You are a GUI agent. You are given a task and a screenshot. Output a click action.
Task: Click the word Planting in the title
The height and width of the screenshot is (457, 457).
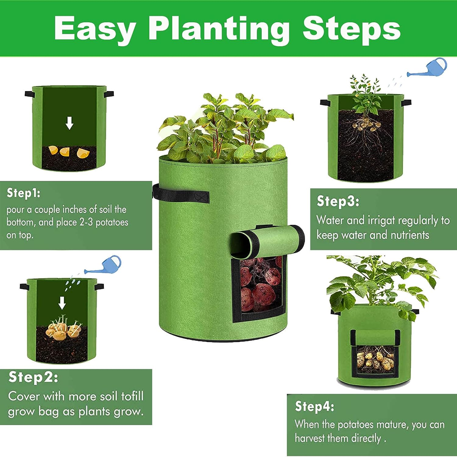(x=219, y=29)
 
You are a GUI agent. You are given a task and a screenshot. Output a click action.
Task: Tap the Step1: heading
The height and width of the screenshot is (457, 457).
(x=23, y=193)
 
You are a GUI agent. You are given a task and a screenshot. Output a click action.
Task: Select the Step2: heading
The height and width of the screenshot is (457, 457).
(x=33, y=377)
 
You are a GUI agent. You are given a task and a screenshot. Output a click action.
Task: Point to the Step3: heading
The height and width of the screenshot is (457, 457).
(x=338, y=201)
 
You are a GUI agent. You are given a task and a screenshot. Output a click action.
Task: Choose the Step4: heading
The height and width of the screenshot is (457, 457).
(x=314, y=406)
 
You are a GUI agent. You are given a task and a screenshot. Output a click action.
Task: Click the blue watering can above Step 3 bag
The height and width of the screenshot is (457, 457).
(x=433, y=69)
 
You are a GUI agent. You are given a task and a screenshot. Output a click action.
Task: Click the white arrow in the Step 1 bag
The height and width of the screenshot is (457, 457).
(x=69, y=123)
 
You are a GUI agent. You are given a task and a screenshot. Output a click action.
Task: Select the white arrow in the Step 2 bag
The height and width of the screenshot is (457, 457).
(x=62, y=303)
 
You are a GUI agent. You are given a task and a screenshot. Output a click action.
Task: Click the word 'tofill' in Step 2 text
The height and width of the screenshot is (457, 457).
(x=132, y=396)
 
